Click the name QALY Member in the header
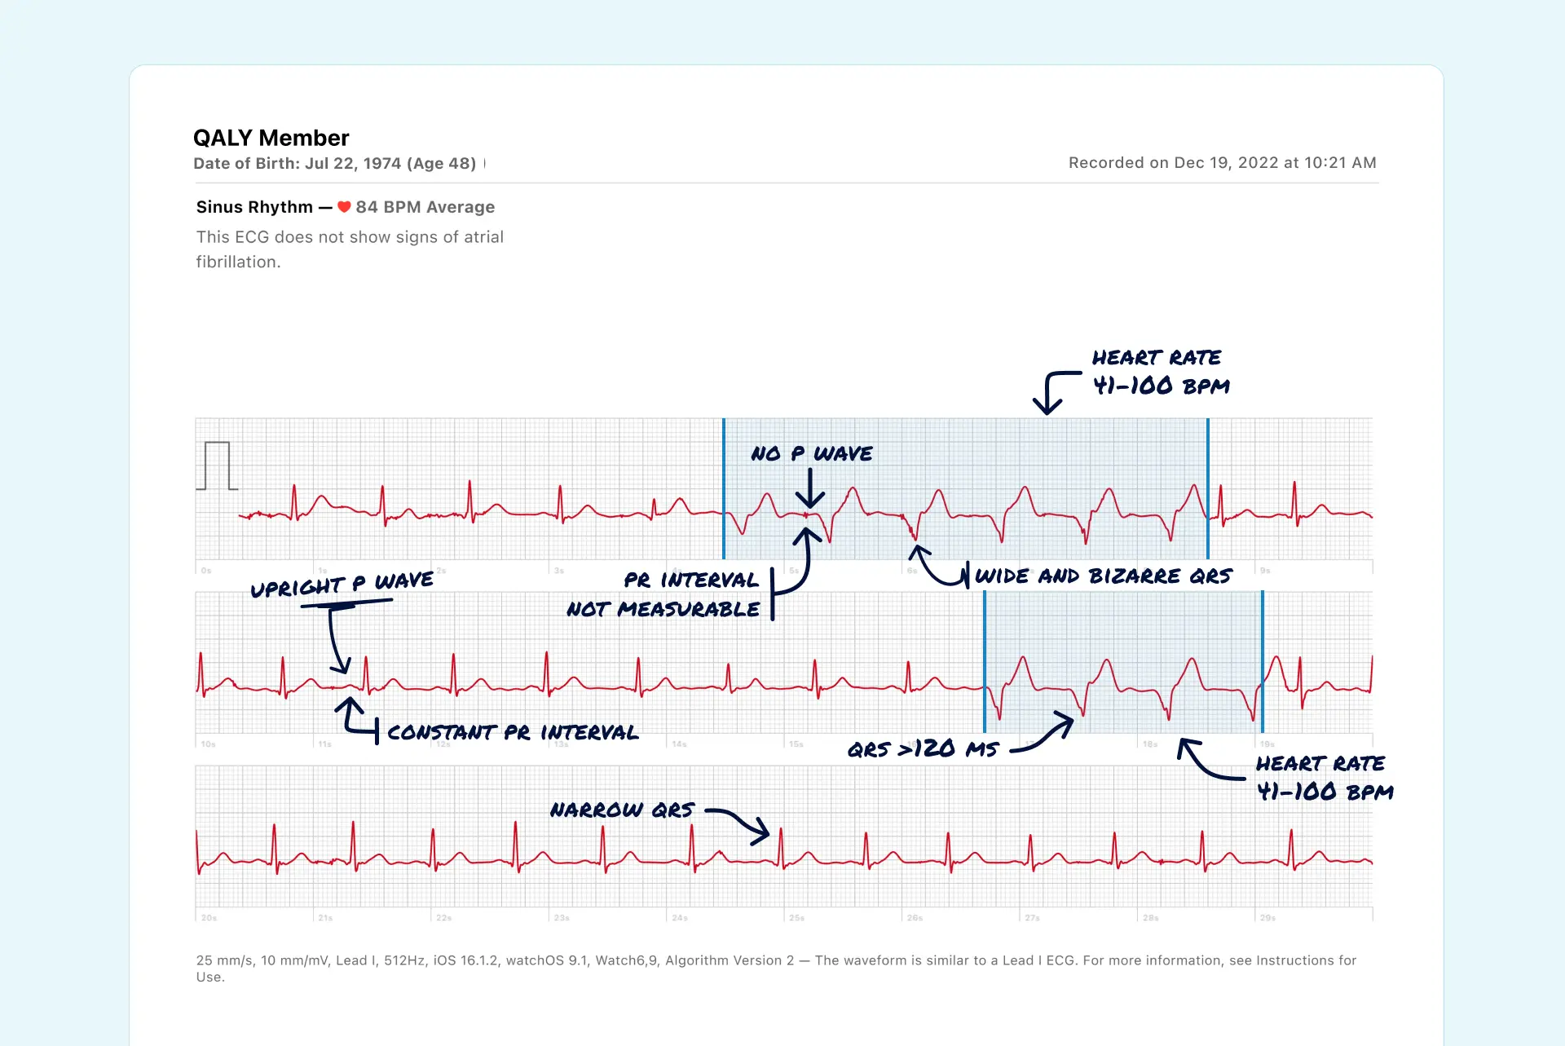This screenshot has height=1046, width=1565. (x=271, y=138)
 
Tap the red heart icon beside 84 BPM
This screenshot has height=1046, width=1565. (x=344, y=207)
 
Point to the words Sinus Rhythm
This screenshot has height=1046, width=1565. (x=254, y=207)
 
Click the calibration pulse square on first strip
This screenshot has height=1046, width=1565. (x=217, y=466)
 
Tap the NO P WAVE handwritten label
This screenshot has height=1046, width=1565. (x=811, y=453)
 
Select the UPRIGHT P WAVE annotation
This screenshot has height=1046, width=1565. (x=342, y=585)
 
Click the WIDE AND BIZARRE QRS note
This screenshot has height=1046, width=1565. (x=1104, y=576)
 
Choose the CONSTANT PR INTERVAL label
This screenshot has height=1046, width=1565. (x=512, y=732)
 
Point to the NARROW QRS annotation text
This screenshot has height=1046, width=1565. (x=622, y=810)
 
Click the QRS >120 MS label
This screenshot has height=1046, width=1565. (x=923, y=748)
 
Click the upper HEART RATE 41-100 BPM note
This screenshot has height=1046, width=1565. (x=1160, y=372)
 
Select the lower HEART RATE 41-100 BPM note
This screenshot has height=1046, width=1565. (x=1324, y=778)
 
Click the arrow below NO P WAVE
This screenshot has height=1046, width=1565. (x=809, y=489)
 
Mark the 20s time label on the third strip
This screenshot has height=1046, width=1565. (x=209, y=918)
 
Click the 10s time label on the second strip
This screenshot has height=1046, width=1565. (x=209, y=744)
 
